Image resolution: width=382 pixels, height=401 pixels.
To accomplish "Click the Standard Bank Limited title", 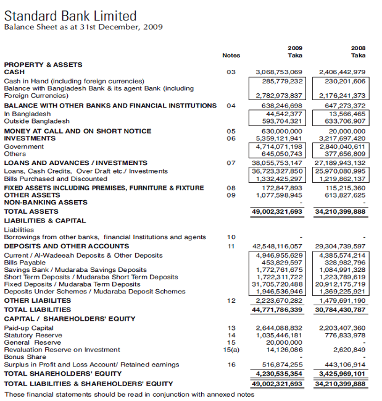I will pos(70,15).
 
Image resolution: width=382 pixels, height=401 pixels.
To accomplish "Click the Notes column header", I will pos(231,56).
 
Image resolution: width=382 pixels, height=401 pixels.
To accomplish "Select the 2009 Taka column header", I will pos(295,51).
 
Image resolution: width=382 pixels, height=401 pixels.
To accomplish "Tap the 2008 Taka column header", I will pos(358,51).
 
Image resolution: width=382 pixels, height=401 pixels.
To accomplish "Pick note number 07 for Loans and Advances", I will pos(231,163).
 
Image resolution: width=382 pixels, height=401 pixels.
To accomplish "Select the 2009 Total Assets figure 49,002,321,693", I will pos(277,211).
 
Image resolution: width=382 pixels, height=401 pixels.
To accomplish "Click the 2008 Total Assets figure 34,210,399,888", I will pos(340,211).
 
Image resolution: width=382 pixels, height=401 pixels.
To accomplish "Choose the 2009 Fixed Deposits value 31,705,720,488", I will pos(278,284).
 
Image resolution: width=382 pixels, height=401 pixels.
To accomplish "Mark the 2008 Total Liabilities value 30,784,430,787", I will pos(340,309).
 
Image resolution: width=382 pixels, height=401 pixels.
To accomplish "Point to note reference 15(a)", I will pos(231,350).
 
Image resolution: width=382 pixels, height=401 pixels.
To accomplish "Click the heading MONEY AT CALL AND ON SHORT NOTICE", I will pos(78,131).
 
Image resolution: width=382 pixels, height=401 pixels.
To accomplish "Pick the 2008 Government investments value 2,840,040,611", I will pos(341,146).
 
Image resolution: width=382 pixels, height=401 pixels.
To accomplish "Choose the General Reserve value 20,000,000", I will pos(285,342).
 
